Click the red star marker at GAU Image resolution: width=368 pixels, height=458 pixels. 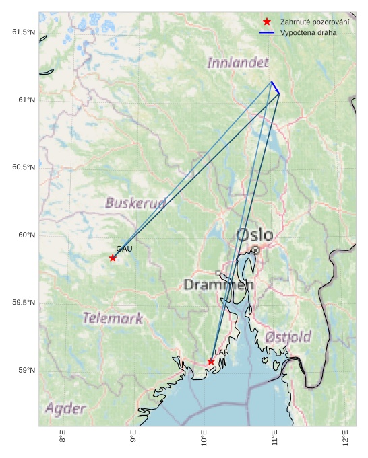pos(113,258)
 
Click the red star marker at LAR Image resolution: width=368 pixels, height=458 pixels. pos(211,362)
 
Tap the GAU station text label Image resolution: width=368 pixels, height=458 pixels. pos(124,249)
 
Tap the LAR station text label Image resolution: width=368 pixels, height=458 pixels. pos(222,352)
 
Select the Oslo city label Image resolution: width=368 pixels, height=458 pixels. pos(255,235)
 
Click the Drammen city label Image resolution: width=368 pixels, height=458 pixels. pos(218,285)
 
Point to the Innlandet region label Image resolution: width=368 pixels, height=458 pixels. pos(237,63)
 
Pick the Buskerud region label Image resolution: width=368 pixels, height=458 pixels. pos(135,202)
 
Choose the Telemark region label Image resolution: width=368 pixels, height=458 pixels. pos(113,318)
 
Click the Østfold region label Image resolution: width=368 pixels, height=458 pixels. pos(288,336)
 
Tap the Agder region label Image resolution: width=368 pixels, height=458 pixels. pos(65,408)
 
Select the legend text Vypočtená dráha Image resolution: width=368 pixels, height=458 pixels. pos(309,32)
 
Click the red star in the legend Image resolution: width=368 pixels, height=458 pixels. pos(267,22)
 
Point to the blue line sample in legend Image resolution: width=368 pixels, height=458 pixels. pos(267,32)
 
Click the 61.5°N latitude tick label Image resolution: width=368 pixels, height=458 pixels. pos(23,32)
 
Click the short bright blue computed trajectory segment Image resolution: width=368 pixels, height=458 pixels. pos(275,88)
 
